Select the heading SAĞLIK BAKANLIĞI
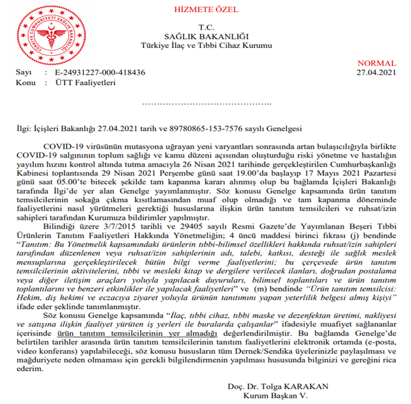pyautogui.click(x=206, y=36)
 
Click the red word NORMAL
pyautogui.click(x=376, y=64)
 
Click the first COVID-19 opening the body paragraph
pyautogui.click(x=74, y=148)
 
